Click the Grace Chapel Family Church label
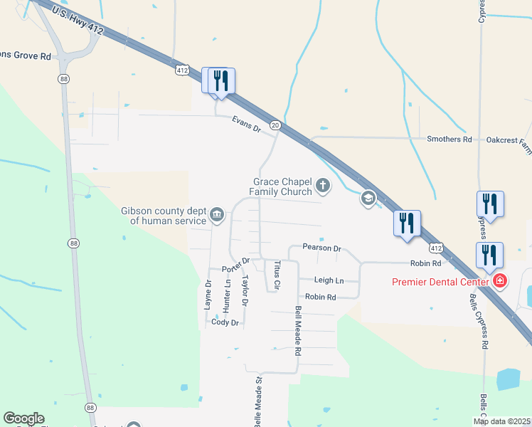[x=280, y=187]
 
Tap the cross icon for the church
[x=323, y=187]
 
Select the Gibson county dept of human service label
[x=164, y=216]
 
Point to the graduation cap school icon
[x=368, y=199]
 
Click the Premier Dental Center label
[x=441, y=281]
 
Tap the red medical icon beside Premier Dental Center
[x=500, y=281]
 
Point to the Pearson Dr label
[x=321, y=248]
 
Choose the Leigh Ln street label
[x=329, y=281]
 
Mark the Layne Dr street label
[x=208, y=293]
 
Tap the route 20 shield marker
[x=275, y=126]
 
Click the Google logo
[x=24, y=418]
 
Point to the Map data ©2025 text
[x=501, y=421]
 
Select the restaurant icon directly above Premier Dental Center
[x=489, y=254]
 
